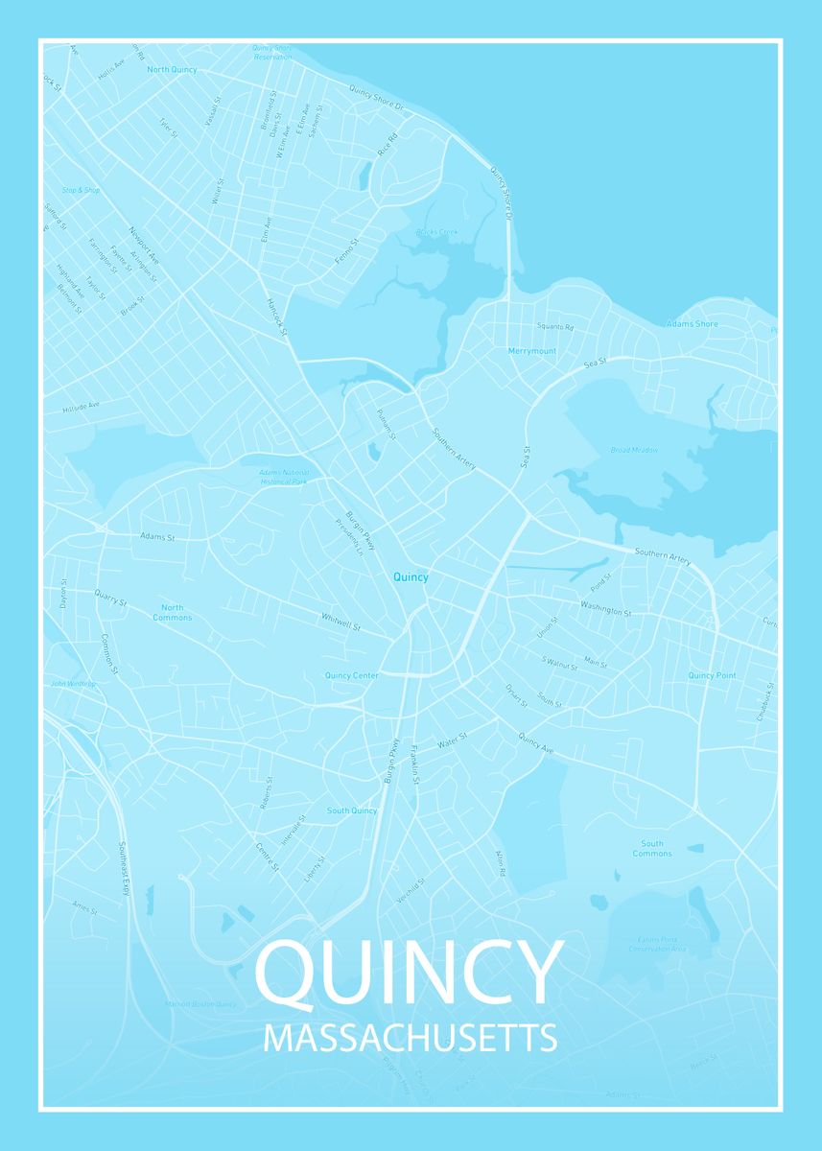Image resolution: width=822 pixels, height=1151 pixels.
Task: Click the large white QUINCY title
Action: click(x=409, y=973)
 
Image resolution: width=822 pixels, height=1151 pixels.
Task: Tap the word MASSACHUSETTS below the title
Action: click(x=410, y=1039)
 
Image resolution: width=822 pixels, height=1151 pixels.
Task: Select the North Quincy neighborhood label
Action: click(x=172, y=70)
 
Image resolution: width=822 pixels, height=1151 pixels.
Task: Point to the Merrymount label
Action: click(x=532, y=351)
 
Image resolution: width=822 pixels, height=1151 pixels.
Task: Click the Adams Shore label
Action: click(x=693, y=324)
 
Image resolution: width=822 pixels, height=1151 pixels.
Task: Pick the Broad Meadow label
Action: click(x=634, y=450)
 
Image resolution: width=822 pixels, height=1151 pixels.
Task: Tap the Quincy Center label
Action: click(x=352, y=675)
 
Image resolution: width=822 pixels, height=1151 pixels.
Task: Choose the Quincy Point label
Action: click(x=712, y=675)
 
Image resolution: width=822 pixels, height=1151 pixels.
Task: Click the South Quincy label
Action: click(x=352, y=810)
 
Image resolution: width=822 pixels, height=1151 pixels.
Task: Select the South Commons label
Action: click(x=652, y=849)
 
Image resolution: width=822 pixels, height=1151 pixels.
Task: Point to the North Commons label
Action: click(x=173, y=612)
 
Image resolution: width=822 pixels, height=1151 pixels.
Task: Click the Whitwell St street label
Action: click(x=341, y=622)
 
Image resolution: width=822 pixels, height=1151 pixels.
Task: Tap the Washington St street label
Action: click(x=606, y=608)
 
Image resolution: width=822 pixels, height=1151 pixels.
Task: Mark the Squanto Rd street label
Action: click(x=555, y=327)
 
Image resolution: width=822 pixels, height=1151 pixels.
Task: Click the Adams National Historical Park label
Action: click(x=283, y=476)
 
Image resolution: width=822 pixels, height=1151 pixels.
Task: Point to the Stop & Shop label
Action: click(x=81, y=190)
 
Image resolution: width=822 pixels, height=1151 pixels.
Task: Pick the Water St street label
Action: click(x=451, y=740)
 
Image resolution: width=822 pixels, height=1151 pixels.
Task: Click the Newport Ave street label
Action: click(x=144, y=247)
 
